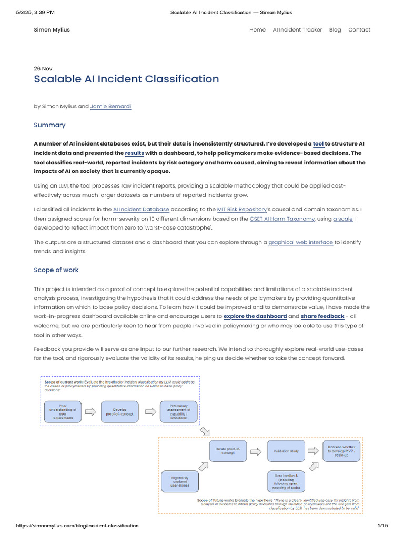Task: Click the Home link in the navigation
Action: (257, 30)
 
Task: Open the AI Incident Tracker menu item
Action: (297, 30)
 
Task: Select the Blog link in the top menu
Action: (335, 30)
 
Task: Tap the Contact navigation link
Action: (359, 30)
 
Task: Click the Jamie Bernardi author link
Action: (110, 106)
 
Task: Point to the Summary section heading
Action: (49, 125)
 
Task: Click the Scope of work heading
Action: (56, 270)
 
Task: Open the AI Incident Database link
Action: (141, 209)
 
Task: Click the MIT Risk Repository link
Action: (241, 209)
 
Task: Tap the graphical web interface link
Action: (300, 242)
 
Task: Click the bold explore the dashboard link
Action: (255, 316)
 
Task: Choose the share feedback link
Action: (322, 316)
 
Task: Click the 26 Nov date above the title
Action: (43, 69)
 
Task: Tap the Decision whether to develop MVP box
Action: (342, 451)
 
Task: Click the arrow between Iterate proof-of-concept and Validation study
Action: (256, 451)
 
